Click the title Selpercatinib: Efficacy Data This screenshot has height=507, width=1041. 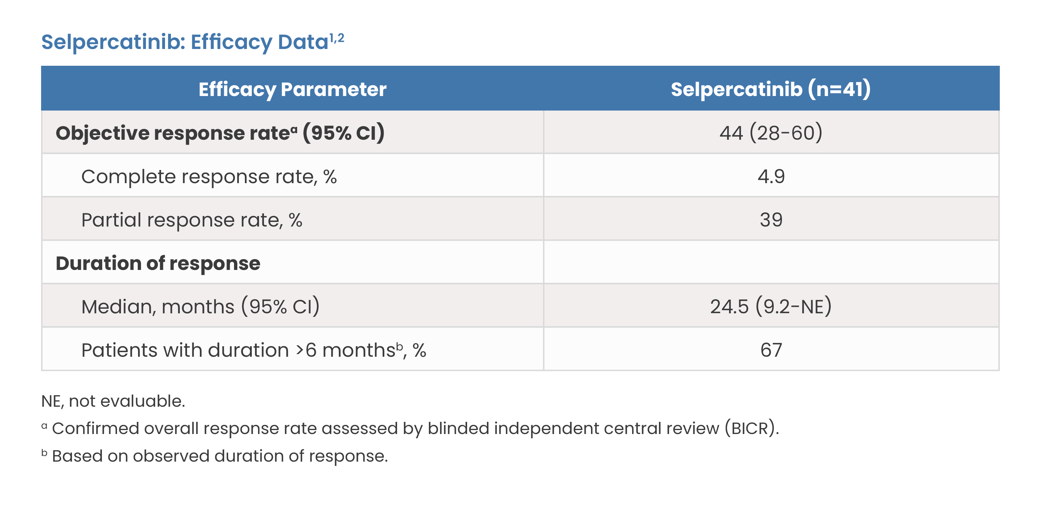[x=185, y=42]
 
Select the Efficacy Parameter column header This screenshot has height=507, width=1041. [x=292, y=89]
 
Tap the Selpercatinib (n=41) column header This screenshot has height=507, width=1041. [x=771, y=89]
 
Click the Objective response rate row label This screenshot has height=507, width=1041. [x=220, y=133]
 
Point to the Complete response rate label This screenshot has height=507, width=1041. [x=209, y=177]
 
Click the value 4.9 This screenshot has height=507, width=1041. [x=771, y=176]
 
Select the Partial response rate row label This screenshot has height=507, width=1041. [x=192, y=220]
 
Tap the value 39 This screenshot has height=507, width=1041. [x=771, y=220]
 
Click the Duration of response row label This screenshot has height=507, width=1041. [x=158, y=263]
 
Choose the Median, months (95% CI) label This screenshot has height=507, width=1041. [x=201, y=306]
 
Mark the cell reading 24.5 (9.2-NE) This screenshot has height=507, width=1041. [x=771, y=306]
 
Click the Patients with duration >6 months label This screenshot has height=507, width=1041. [x=253, y=350]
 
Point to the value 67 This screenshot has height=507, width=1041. [x=771, y=350]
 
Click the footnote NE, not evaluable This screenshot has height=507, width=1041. [x=113, y=401]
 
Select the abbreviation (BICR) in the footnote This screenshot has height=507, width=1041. [x=751, y=428]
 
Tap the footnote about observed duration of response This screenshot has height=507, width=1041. [x=215, y=456]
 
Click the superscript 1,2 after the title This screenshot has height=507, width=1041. [x=337, y=38]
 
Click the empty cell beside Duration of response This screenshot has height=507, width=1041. [x=771, y=262]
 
